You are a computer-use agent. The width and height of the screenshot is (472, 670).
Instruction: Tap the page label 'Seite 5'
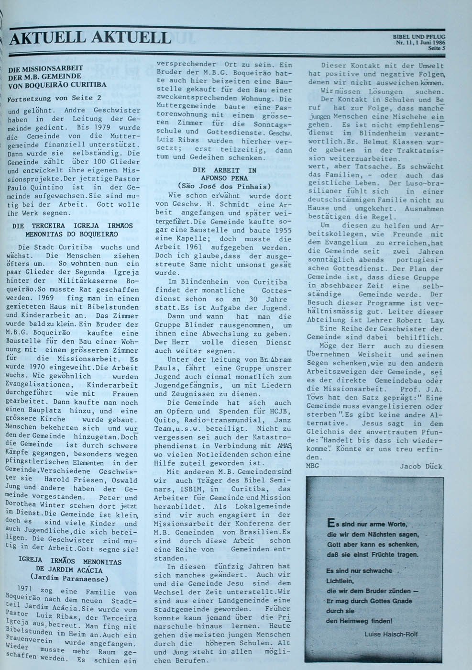pos(436,48)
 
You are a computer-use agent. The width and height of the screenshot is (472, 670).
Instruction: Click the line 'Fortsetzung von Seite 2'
pos(55,98)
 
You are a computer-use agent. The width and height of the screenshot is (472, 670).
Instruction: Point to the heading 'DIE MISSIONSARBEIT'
pos(46,68)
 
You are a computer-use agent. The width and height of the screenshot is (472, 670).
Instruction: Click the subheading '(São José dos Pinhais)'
pos(224,186)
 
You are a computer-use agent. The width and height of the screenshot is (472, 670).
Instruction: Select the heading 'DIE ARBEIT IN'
pos(224,170)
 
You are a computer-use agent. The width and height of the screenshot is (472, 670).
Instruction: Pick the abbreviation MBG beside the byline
pos(312,466)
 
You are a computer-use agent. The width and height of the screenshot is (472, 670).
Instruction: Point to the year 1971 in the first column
pos(25,588)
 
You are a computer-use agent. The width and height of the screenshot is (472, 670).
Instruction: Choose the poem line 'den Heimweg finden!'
pos(359,621)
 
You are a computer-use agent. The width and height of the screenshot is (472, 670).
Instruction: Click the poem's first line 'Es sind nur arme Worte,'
pos(367,525)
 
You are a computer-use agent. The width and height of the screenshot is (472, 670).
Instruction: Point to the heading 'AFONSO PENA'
pos(224,178)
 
